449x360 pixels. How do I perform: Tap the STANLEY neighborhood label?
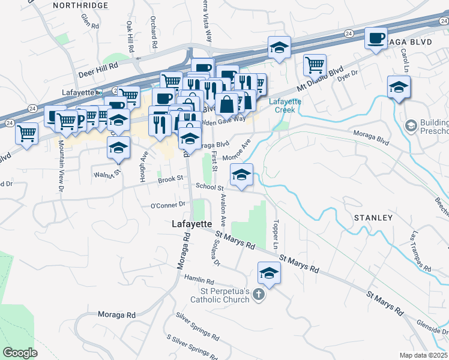(x=372, y=218)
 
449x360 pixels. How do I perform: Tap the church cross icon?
(x=259, y=295)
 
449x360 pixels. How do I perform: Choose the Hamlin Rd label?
(x=199, y=281)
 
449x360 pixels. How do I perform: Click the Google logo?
(x=20, y=353)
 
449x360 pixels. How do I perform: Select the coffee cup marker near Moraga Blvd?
(x=376, y=40)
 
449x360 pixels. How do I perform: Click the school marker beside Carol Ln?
(x=399, y=87)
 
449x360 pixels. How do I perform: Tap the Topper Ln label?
(x=276, y=236)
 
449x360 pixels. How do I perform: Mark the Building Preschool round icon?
(x=411, y=125)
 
